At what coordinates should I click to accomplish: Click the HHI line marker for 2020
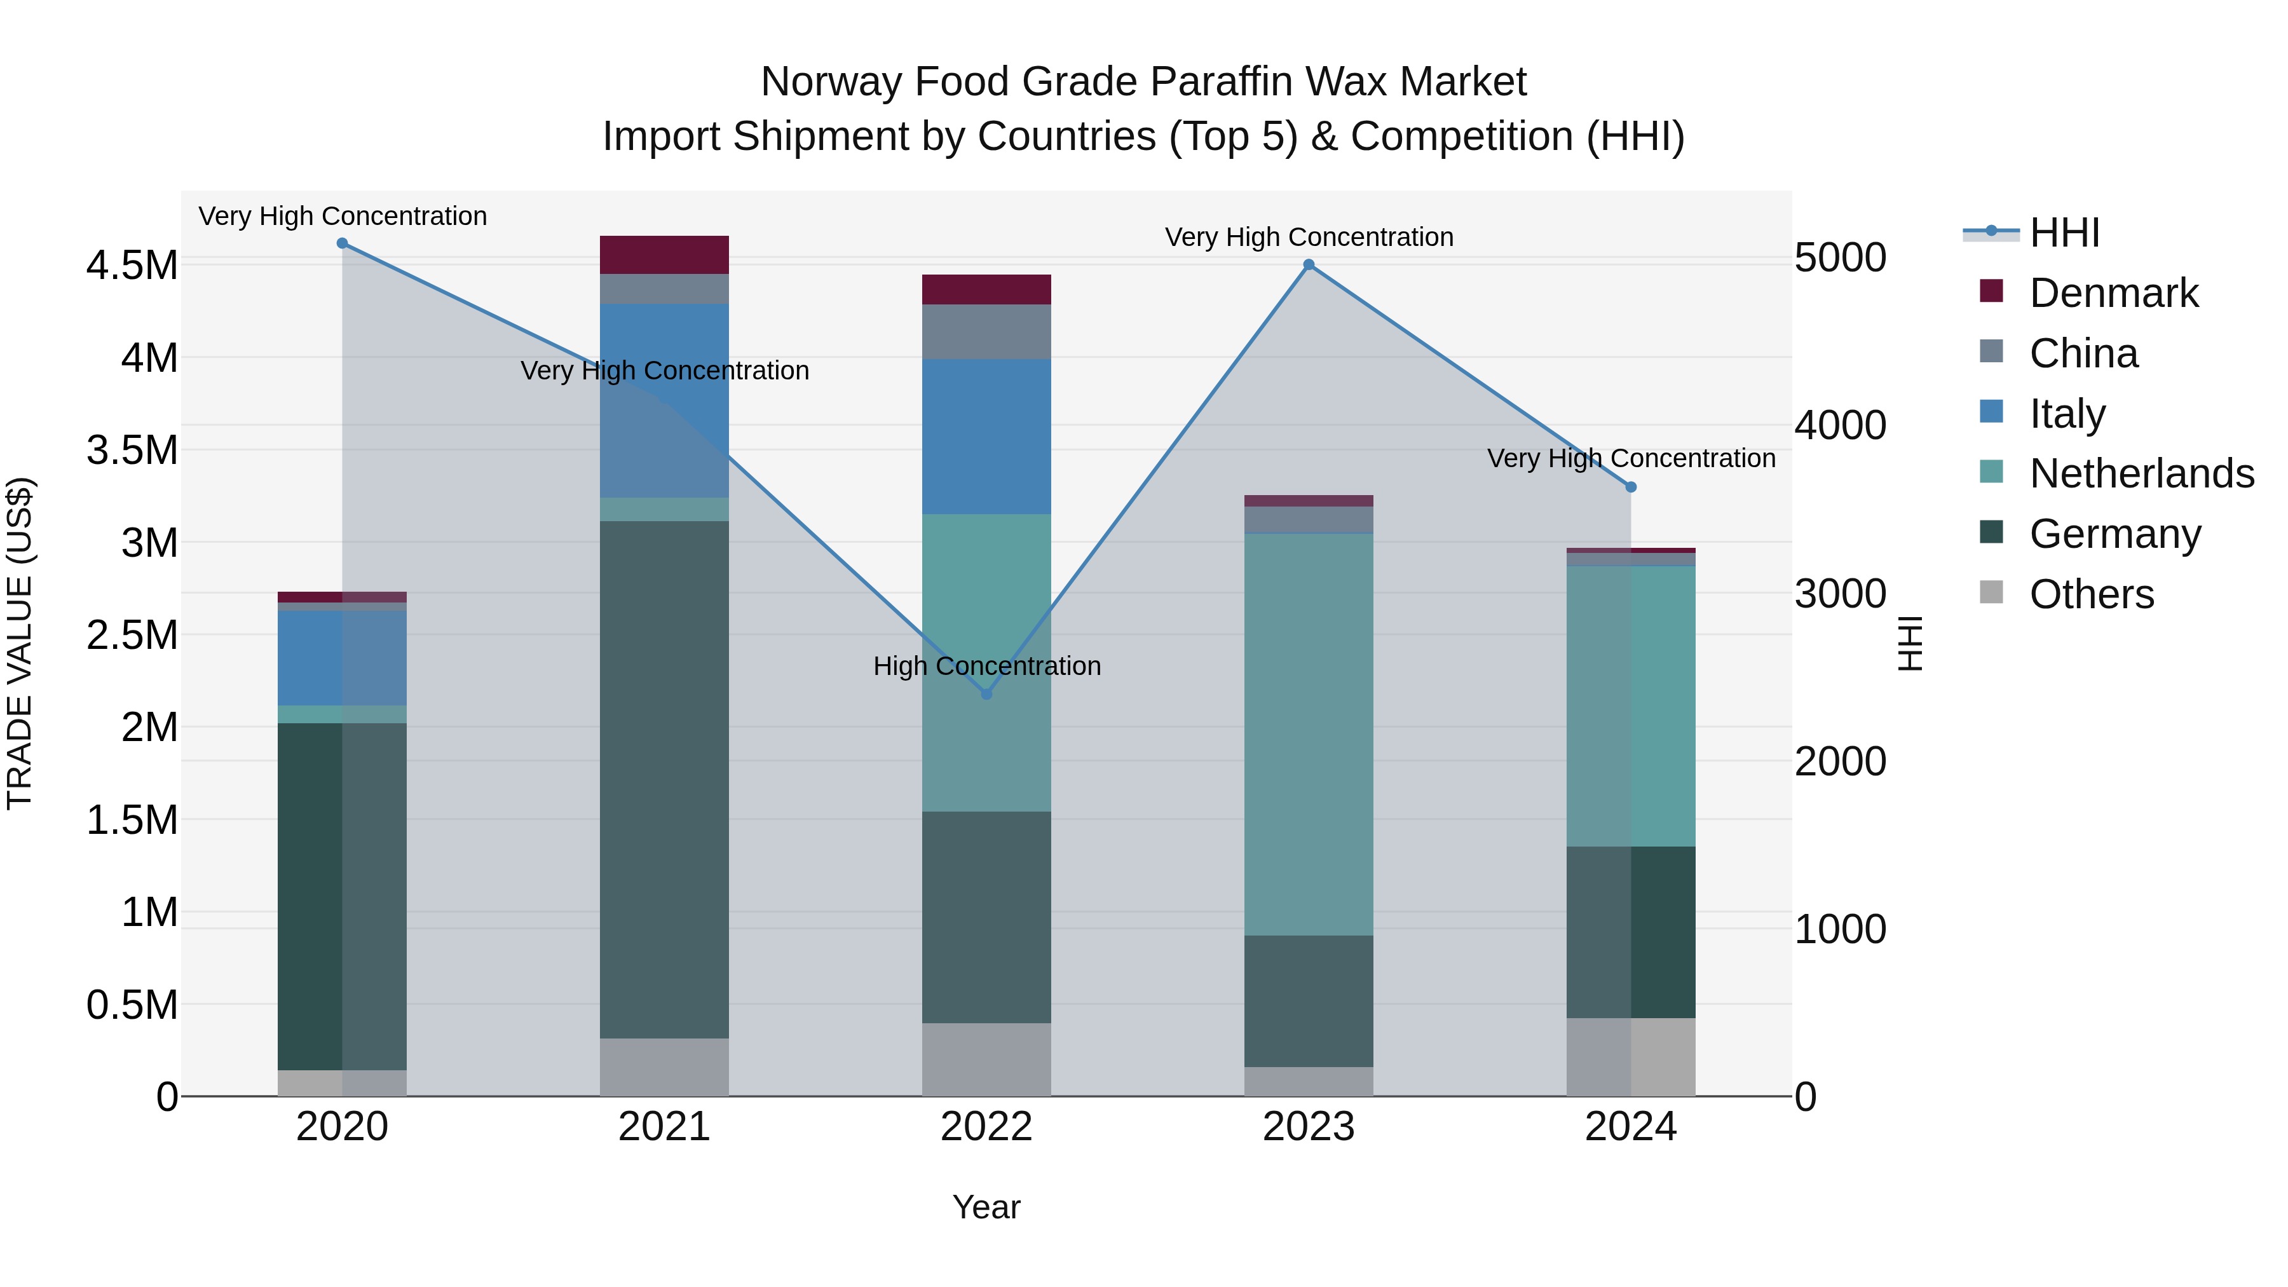point(343,243)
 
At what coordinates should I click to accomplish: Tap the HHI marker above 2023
point(1309,264)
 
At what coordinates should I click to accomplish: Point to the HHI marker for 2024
point(1631,487)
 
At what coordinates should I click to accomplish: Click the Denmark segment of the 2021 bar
point(664,255)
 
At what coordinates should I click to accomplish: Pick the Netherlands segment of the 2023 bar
point(1309,733)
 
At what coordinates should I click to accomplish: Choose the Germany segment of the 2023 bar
point(1309,1001)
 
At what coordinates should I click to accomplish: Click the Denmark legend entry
point(2113,293)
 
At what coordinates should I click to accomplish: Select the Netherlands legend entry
point(2141,473)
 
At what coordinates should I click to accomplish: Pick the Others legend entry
point(2091,594)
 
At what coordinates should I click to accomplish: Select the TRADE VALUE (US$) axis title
point(20,643)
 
